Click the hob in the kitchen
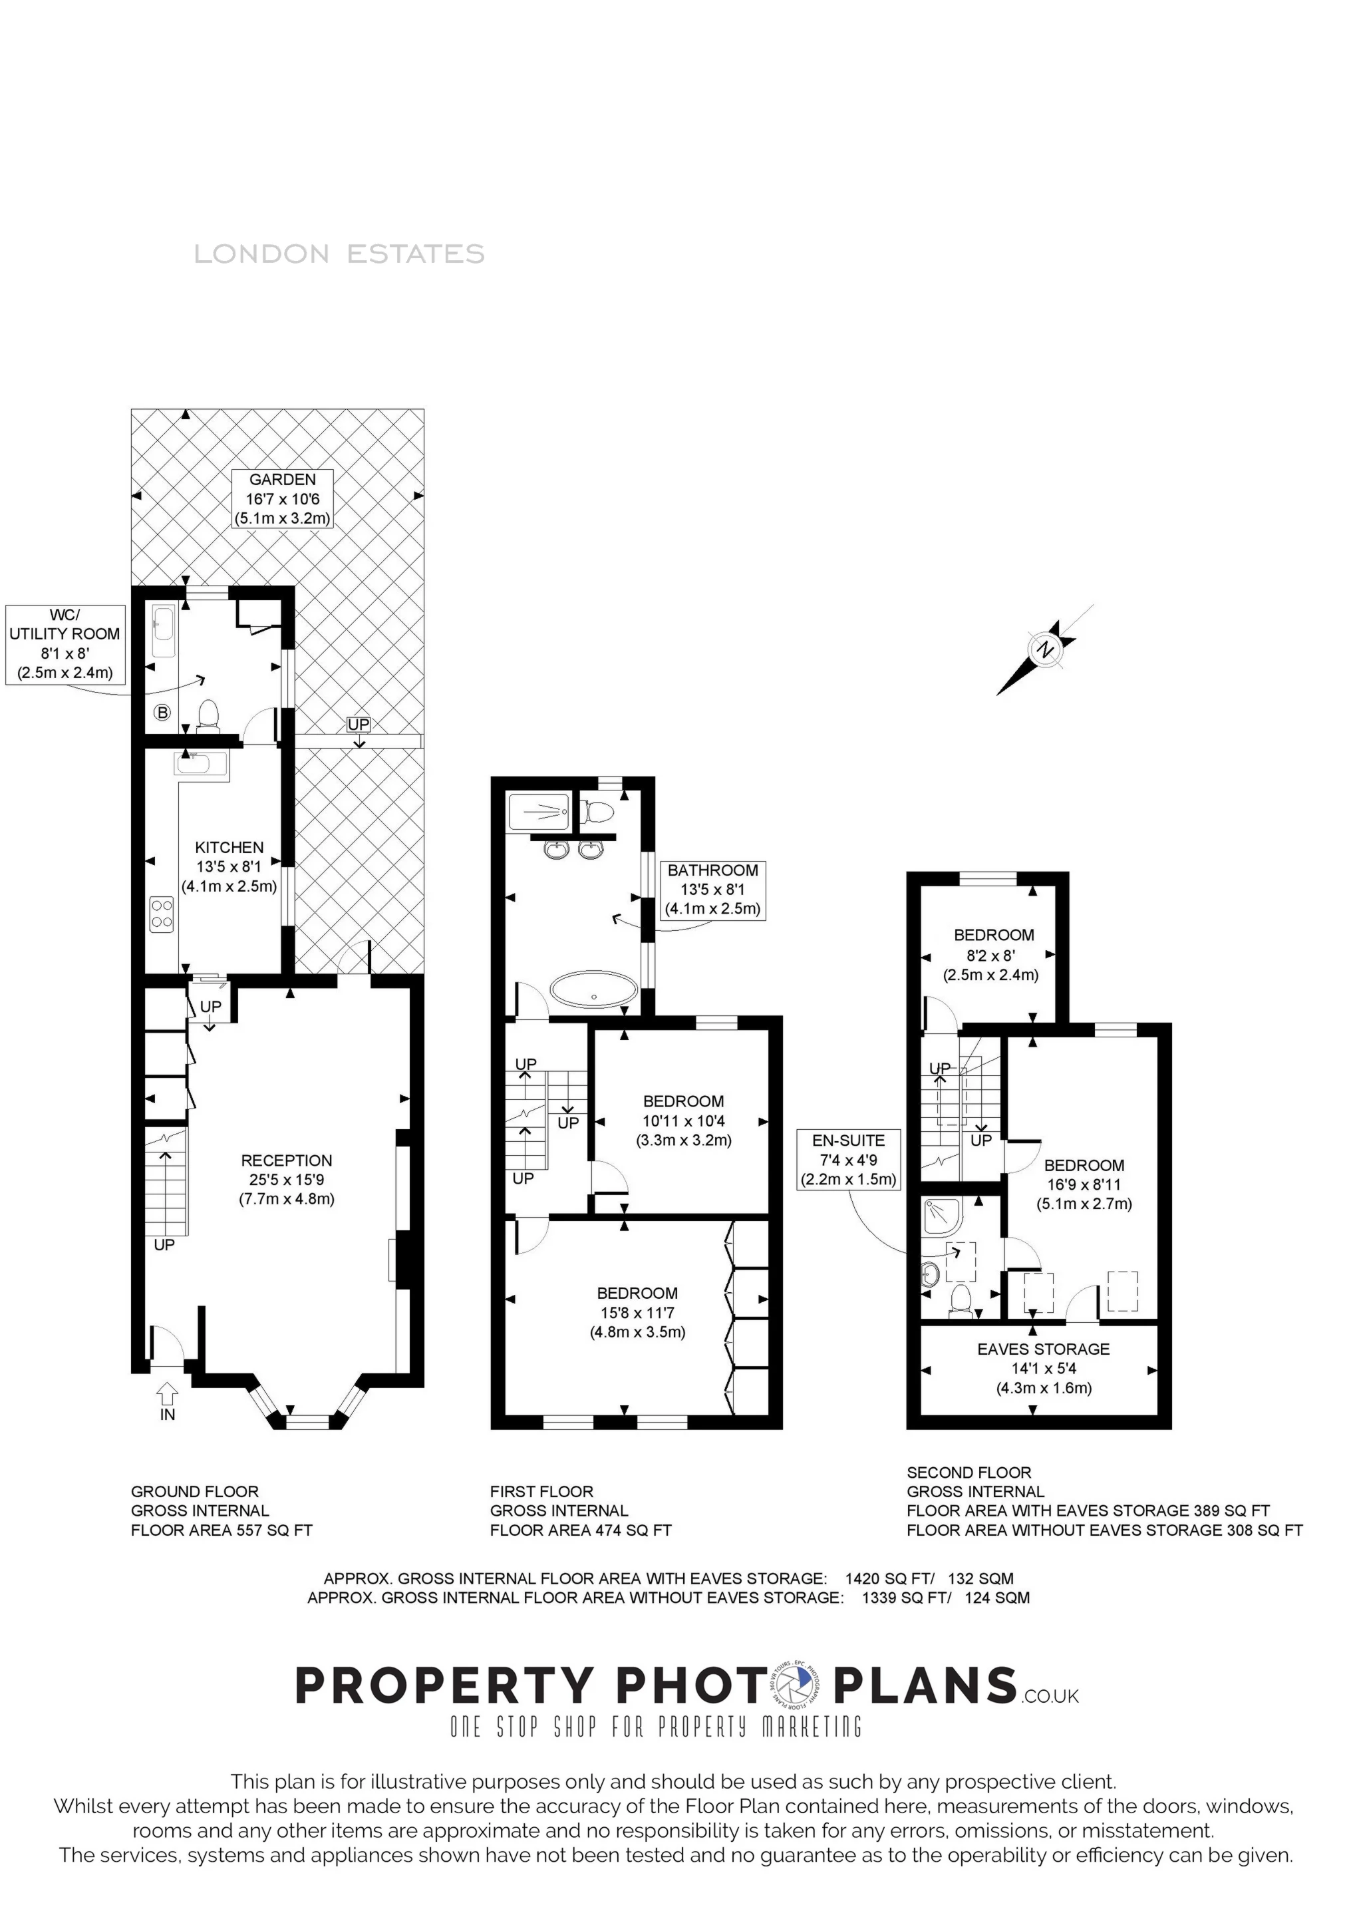tap(162, 914)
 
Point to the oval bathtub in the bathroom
tap(594, 991)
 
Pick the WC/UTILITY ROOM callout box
tap(65, 643)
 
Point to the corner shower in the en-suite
tap(943, 1215)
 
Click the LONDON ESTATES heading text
tap(339, 254)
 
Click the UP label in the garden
tap(359, 724)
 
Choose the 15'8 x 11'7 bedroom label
tap(637, 1312)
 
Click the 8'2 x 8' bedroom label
tap(993, 954)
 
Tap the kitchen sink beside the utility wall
tap(202, 764)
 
